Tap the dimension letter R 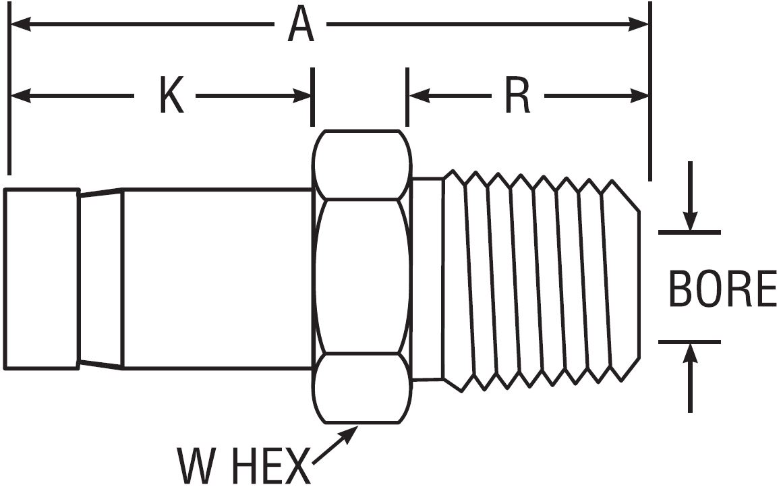click(517, 98)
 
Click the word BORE click(722, 289)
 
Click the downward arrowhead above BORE click(689, 222)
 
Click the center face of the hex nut click(362, 277)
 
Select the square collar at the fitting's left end click(41, 279)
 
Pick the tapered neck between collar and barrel click(100, 279)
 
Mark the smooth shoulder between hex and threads click(427, 279)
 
